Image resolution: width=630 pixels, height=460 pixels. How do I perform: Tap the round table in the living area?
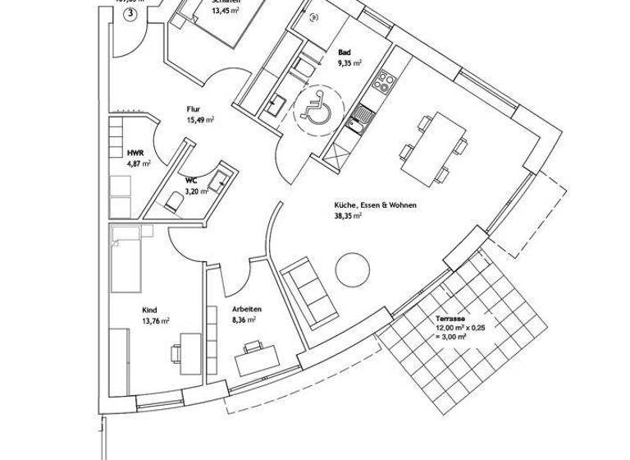(354, 269)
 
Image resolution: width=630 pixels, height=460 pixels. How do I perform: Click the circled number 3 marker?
(132, 16)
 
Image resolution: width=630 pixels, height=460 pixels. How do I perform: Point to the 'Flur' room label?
(194, 108)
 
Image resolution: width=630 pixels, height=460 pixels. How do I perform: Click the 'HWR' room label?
(135, 154)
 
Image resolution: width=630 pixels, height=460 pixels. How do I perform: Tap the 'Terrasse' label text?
(450, 317)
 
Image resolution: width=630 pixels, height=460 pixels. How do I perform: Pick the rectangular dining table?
(432, 149)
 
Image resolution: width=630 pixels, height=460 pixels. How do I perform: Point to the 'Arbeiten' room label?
(244, 310)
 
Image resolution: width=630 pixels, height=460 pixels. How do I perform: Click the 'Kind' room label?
(148, 310)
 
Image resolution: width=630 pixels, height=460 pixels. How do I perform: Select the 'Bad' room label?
(344, 52)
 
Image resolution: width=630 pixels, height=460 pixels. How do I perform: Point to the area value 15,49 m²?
(200, 119)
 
